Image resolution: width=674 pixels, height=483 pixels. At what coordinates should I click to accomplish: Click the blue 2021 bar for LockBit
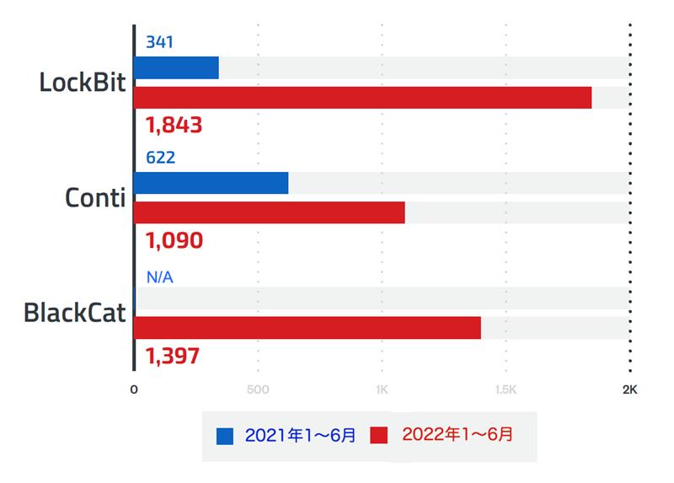(x=176, y=67)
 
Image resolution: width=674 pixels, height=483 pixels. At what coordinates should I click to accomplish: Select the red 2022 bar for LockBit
(x=362, y=98)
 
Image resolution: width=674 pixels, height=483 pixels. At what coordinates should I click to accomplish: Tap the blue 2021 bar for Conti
(x=211, y=183)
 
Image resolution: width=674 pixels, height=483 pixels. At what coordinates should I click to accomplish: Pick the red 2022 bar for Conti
(x=269, y=212)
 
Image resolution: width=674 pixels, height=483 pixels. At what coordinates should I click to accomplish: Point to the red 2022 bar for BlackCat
(x=307, y=328)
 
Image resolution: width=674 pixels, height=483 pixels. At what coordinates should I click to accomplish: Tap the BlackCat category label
(x=74, y=314)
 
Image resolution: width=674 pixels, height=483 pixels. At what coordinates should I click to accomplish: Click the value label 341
(x=159, y=41)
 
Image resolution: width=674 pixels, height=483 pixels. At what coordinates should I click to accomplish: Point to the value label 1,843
(x=174, y=126)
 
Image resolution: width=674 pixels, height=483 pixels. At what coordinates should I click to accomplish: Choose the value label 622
(x=160, y=158)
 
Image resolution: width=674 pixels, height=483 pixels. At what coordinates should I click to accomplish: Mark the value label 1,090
(x=174, y=241)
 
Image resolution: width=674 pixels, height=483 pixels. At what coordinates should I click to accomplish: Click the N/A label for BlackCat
(x=159, y=276)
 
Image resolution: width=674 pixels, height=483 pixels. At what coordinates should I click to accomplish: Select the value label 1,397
(x=173, y=357)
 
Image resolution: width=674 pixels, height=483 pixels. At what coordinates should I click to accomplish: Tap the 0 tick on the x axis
(x=134, y=390)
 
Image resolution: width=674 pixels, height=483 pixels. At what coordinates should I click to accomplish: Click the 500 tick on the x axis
(x=258, y=390)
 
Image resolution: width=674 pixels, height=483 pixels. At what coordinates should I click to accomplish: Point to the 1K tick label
(x=382, y=390)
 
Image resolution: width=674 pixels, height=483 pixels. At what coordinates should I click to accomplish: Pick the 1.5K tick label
(x=505, y=390)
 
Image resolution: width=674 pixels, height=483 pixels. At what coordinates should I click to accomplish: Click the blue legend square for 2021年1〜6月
(x=225, y=436)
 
